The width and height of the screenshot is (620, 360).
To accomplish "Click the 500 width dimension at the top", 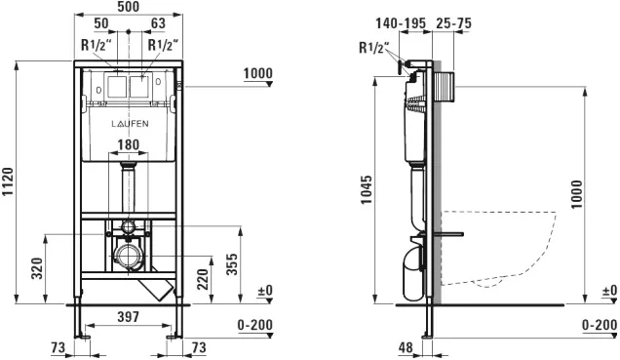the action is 129,7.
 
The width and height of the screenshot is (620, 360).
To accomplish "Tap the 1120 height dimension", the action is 8,182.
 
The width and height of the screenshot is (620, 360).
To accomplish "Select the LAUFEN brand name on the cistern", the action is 130,124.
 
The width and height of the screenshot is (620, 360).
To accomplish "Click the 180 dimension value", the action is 129,144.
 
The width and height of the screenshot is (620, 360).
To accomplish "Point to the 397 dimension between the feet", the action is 129,317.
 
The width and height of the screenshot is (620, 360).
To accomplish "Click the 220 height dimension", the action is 203,279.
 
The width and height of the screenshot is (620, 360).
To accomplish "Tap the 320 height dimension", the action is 37,268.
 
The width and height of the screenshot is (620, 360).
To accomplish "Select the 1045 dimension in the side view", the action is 367,190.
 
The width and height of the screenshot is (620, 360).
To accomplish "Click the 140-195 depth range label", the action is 401,23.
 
